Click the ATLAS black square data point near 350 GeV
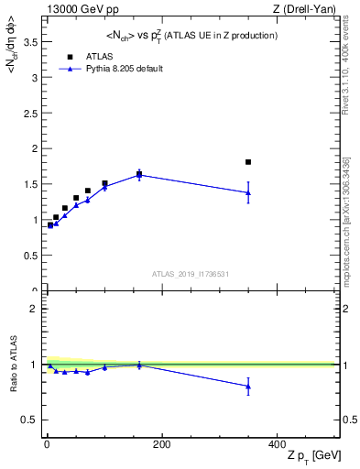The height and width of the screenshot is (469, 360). [x=248, y=162]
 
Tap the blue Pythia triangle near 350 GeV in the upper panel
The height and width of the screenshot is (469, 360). [x=248, y=192]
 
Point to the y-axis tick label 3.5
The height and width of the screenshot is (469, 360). [x=31, y=42]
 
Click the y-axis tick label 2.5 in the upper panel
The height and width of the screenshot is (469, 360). [x=31, y=114]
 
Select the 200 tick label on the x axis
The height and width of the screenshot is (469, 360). [x=161, y=443]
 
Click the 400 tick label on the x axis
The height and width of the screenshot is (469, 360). [x=277, y=443]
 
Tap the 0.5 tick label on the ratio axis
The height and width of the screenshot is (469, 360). [x=31, y=420]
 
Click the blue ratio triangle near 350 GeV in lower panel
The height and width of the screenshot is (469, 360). [x=248, y=387]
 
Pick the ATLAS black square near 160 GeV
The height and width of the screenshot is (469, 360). [x=139, y=173]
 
